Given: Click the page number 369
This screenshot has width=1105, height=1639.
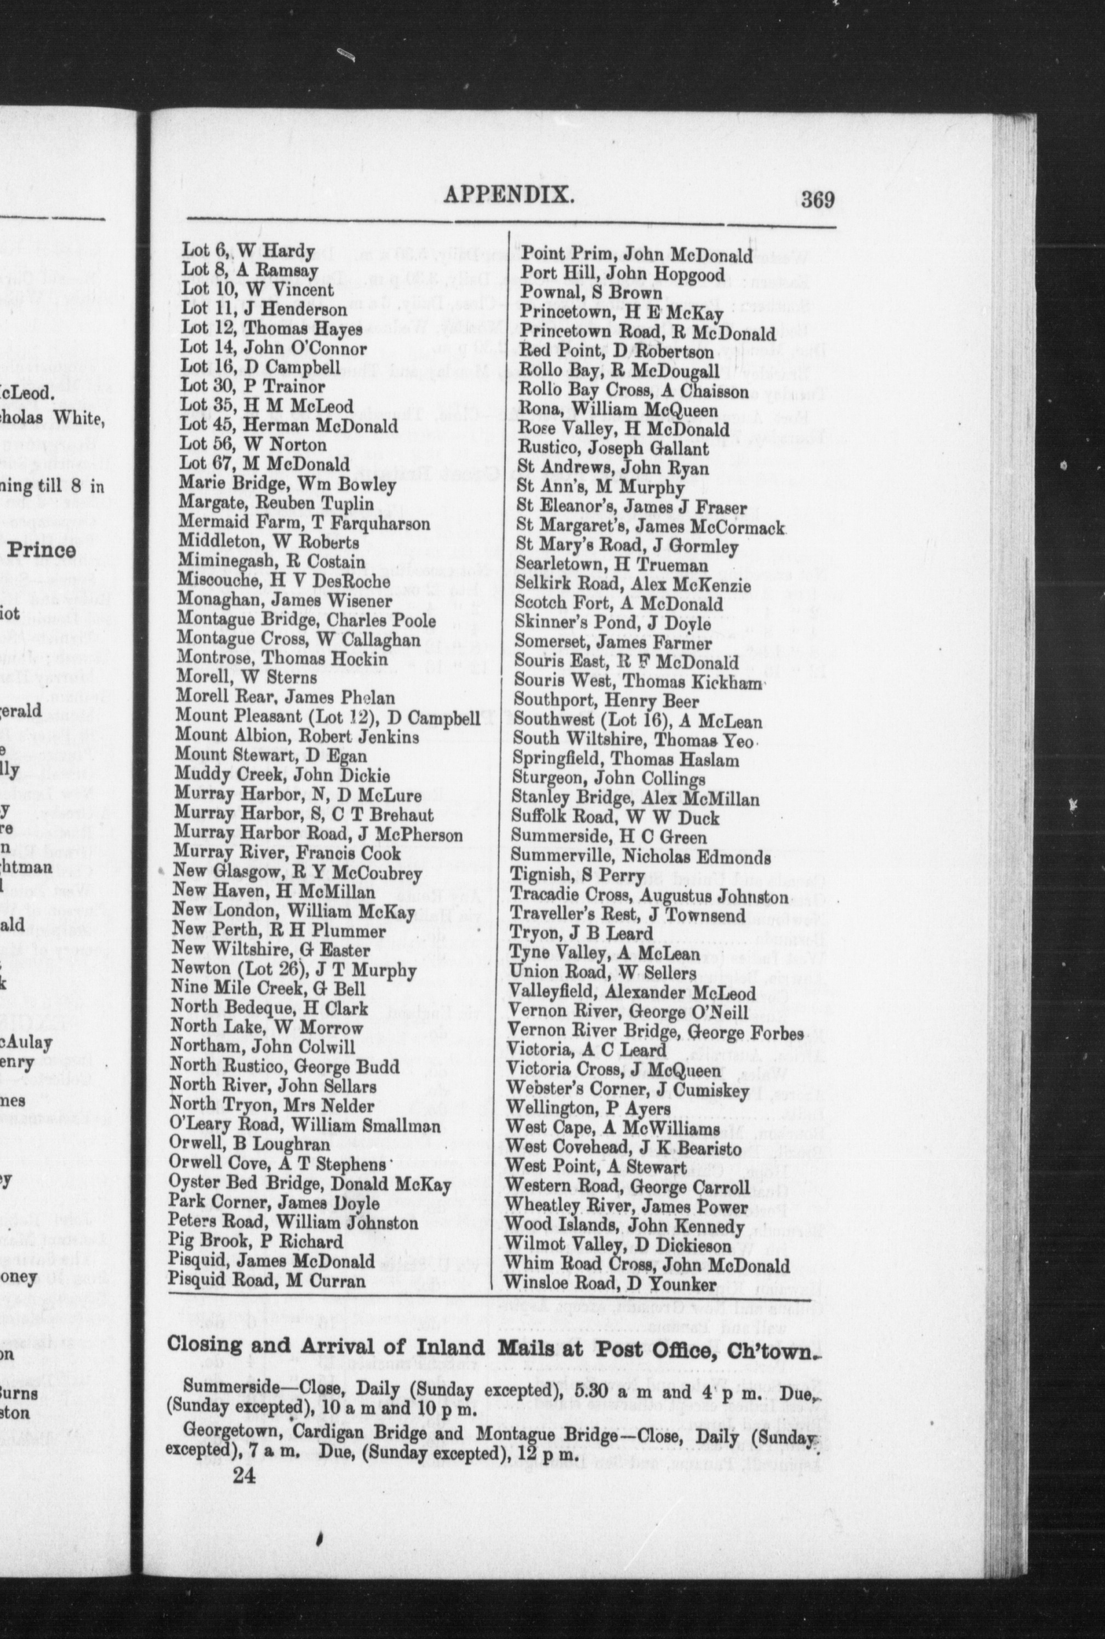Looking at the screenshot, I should tap(817, 200).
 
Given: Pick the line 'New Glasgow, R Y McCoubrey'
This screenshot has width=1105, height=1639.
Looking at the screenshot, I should tap(298, 874).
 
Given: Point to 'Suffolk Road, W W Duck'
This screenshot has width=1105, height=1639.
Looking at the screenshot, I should tap(615, 818).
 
